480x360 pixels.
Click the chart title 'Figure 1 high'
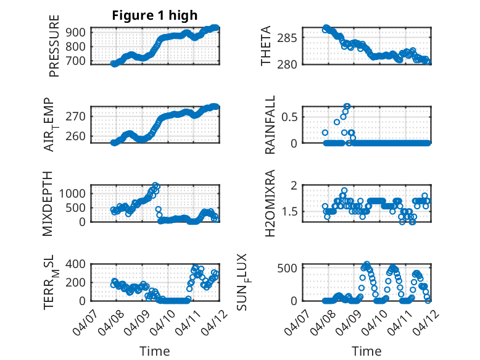[x=154, y=15]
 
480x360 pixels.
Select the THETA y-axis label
[x=266, y=46]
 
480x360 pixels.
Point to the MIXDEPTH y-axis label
[x=48, y=204]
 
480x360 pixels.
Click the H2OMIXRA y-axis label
[x=270, y=204]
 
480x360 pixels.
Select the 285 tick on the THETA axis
[x=290, y=38]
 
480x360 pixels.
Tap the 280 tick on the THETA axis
[x=290, y=64]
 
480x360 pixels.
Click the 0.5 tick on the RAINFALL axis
[x=291, y=116]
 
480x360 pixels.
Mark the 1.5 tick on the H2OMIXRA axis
[x=291, y=212]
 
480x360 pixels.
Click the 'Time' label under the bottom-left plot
[x=154, y=351]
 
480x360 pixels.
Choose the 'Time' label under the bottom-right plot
[x=366, y=351]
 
